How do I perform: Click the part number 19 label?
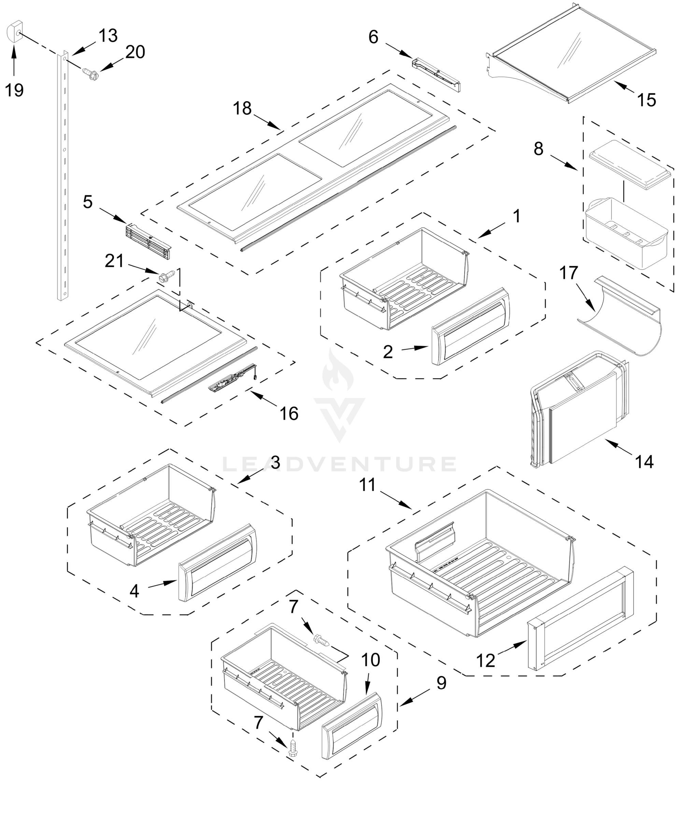[14, 90]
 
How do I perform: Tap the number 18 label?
[242, 109]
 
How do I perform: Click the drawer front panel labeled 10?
[352, 725]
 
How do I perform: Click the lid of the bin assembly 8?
[630, 164]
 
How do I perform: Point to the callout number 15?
[647, 100]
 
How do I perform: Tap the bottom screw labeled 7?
[293, 749]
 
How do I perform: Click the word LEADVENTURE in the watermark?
[339, 464]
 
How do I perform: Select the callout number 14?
[644, 462]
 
